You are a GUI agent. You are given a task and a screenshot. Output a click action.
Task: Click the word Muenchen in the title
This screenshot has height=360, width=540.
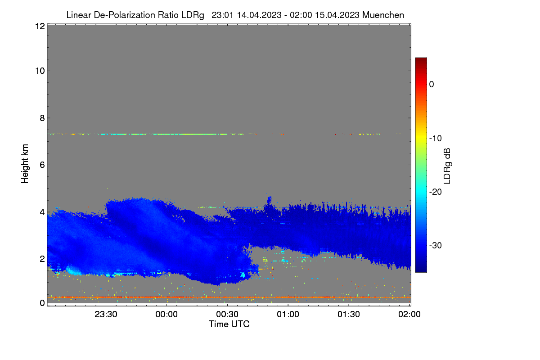[383, 15]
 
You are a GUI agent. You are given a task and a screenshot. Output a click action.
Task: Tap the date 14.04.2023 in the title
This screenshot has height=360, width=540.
[259, 15]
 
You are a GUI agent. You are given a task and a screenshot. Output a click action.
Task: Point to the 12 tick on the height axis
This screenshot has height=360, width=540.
[40, 26]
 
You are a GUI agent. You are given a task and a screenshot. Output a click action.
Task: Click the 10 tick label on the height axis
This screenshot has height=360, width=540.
[40, 71]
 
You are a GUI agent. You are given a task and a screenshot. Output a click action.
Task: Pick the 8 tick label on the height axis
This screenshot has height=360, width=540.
[42, 118]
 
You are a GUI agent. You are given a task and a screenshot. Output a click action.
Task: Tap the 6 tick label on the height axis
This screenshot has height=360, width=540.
[42, 165]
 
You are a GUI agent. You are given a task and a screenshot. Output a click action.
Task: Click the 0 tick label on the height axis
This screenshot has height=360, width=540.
[42, 303]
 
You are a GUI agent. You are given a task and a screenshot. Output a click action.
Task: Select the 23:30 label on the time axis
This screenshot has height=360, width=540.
[106, 314]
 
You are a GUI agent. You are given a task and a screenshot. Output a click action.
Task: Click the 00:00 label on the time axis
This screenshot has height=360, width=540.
[166, 314]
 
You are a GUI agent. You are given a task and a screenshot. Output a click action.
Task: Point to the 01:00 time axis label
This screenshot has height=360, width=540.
[288, 314]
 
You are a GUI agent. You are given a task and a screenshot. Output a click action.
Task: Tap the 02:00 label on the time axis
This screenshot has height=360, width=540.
[409, 314]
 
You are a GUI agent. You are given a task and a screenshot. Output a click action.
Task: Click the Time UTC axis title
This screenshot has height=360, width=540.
[229, 324]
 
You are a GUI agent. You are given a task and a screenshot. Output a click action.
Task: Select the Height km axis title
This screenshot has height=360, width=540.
[25, 164]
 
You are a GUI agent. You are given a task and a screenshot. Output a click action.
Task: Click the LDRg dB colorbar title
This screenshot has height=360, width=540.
[447, 166]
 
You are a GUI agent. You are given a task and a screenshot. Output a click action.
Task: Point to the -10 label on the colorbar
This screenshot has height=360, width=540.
[436, 139]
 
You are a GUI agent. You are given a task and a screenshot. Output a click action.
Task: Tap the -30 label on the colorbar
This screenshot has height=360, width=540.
[436, 245]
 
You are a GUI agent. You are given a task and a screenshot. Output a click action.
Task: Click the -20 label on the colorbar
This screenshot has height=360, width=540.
[436, 192]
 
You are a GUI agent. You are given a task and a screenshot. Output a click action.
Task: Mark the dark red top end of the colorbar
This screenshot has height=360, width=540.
[421, 58]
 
